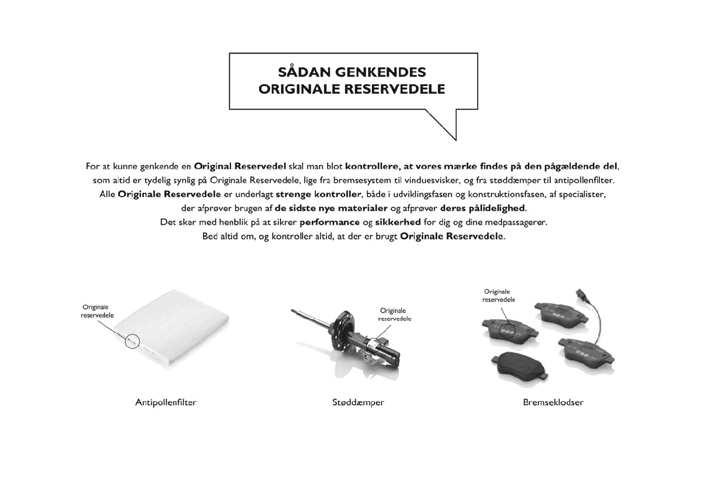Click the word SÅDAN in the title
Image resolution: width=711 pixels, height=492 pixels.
coord(301,72)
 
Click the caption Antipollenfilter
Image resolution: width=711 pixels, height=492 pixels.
coord(165,402)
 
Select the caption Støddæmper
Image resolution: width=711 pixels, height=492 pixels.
coord(358,402)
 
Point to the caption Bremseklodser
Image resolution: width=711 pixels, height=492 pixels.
coord(553,402)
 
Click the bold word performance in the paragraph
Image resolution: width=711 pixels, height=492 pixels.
coord(330,222)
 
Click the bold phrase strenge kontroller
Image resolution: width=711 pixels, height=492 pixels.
coord(319,194)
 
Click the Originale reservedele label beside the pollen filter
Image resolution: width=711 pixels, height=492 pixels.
coord(97,311)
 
